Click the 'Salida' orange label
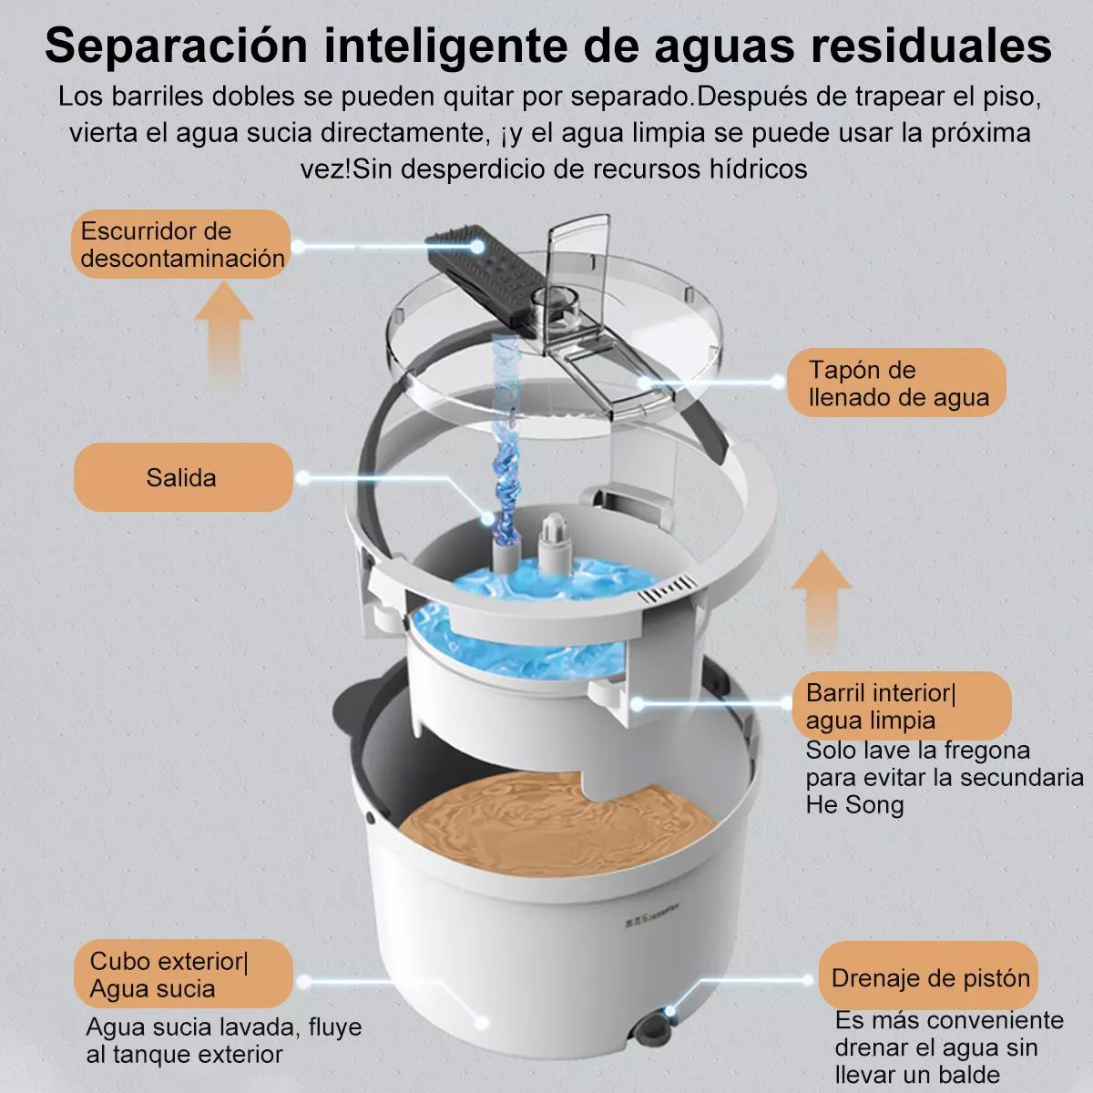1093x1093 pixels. click(x=182, y=477)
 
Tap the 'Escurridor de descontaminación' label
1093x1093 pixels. click(x=181, y=244)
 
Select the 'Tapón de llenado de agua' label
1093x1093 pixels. click(x=897, y=383)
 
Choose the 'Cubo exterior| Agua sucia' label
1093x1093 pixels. click(x=182, y=975)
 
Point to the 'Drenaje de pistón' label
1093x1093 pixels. click(x=929, y=978)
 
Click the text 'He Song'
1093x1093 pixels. click(x=854, y=805)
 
